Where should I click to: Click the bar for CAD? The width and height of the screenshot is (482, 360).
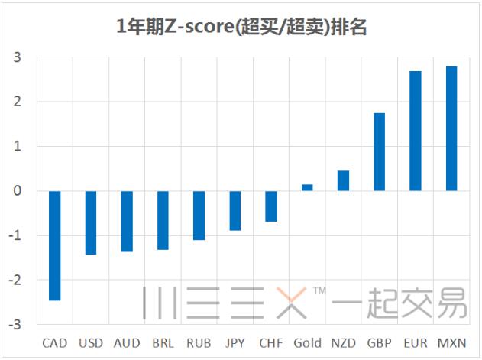click(54, 245)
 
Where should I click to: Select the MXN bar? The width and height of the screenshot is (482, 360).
click(451, 128)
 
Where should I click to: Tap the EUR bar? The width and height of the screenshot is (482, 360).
click(416, 131)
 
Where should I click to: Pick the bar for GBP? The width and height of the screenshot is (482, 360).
click(379, 151)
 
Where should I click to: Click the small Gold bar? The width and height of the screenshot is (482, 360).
click(307, 187)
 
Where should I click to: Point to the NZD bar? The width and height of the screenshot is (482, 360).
click(343, 180)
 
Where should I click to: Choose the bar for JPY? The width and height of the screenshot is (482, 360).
click(235, 210)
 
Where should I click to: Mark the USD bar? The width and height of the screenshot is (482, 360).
click(91, 222)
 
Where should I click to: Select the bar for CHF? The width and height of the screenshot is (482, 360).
click(271, 206)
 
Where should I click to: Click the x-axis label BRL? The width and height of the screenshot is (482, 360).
click(163, 343)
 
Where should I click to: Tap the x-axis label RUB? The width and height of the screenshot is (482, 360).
click(199, 343)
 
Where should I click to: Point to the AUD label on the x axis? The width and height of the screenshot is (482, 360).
click(127, 343)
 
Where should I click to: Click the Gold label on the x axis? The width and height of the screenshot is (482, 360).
click(307, 343)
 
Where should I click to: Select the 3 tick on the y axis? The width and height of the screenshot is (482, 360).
click(18, 57)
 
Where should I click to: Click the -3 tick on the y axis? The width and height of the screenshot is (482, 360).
click(15, 325)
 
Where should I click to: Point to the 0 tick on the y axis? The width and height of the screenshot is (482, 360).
click(18, 191)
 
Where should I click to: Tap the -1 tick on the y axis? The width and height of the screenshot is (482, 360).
click(15, 235)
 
